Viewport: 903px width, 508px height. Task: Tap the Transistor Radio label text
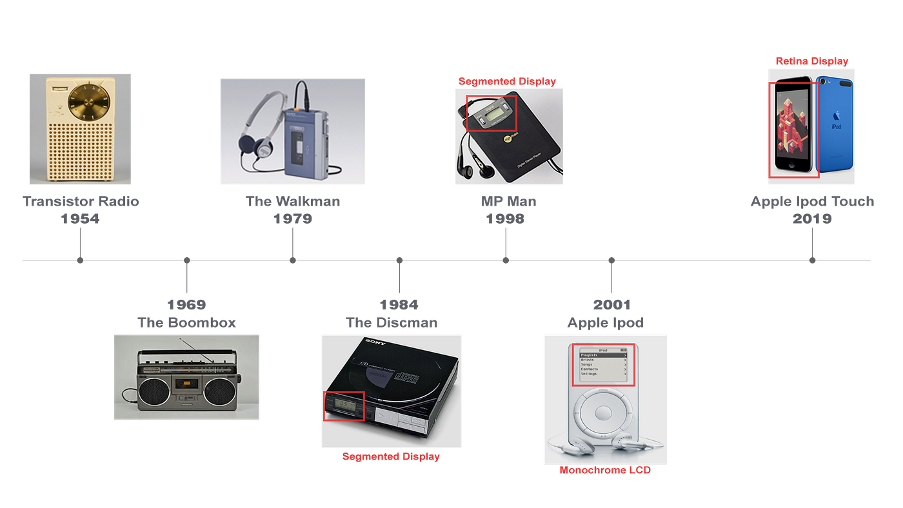pos(81,201)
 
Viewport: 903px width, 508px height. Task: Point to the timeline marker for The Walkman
pos(293,260)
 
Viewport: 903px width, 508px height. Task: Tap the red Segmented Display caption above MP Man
pos(507,81)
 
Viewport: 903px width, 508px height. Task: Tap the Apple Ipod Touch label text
pos(812,202)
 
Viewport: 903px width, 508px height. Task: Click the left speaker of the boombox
pos(152,391)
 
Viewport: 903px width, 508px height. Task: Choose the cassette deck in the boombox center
pos(186,385)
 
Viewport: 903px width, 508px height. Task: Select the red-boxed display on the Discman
pos(344,406)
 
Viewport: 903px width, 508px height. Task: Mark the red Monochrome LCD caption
pos(604,471)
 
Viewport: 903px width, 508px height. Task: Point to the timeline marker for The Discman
pos(399,260)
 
